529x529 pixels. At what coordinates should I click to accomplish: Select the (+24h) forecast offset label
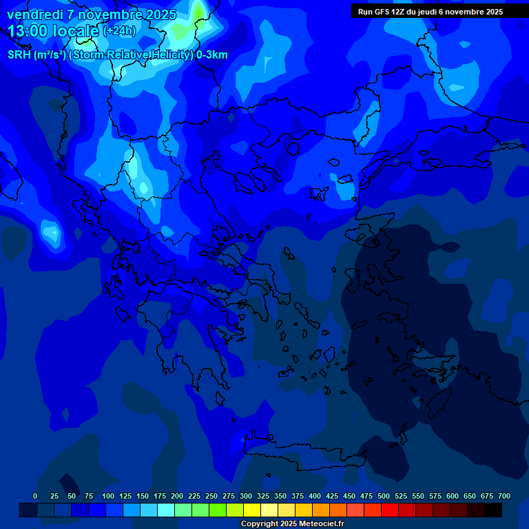120,31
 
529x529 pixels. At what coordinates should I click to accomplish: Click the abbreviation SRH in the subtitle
19,55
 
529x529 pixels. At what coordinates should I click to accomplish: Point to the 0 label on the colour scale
35,496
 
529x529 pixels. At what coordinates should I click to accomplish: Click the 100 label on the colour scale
108,496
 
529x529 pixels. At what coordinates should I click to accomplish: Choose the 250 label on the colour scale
211,496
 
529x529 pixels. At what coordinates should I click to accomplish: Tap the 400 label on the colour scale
315,496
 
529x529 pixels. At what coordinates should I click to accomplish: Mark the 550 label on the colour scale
418,496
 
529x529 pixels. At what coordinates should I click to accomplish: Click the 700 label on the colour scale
504,496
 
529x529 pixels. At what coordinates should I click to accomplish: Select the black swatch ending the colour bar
493,510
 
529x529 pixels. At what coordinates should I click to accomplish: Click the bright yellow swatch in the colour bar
252,510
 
